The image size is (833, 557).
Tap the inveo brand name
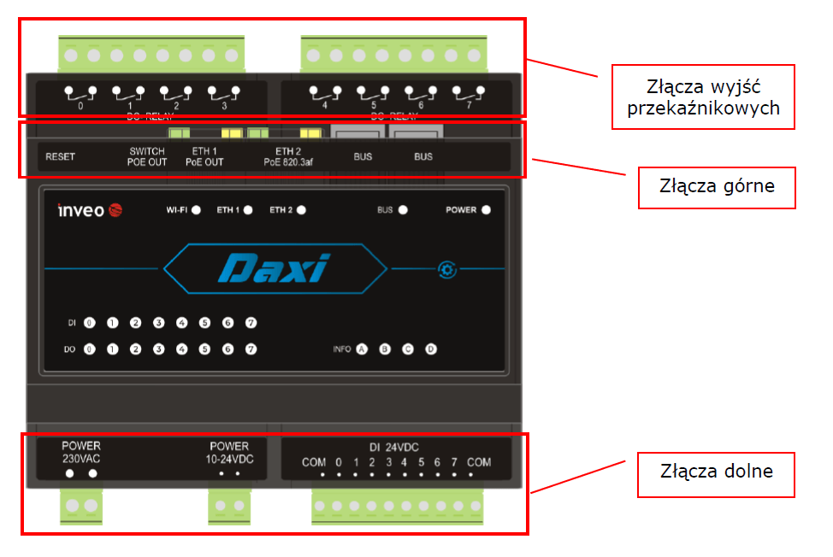pos(80,210)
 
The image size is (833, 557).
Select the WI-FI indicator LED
pos(196,209)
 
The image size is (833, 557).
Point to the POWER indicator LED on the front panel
pos(486,209)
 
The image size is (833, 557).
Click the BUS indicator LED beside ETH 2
pos(403,209)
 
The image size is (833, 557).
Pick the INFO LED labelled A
pos(362,349)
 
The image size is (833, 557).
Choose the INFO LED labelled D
pos(431,349)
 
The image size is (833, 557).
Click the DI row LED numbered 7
pos(251,323)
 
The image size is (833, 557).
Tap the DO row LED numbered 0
pos(89,349)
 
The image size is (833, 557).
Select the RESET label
pos(60,157)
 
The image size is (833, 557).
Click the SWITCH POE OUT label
pos(147,157)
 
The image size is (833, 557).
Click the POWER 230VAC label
pos(81,452)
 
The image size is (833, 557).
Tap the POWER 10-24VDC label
pos(229,452)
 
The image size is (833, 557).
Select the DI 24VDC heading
pos(393,447)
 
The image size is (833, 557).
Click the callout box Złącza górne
pos(717,185)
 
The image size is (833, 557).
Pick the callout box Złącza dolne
pos(717,471)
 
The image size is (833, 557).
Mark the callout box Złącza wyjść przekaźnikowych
pos(703,97)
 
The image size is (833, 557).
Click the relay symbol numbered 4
pos(325,92)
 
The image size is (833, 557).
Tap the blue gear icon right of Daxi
pos(446,270)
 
